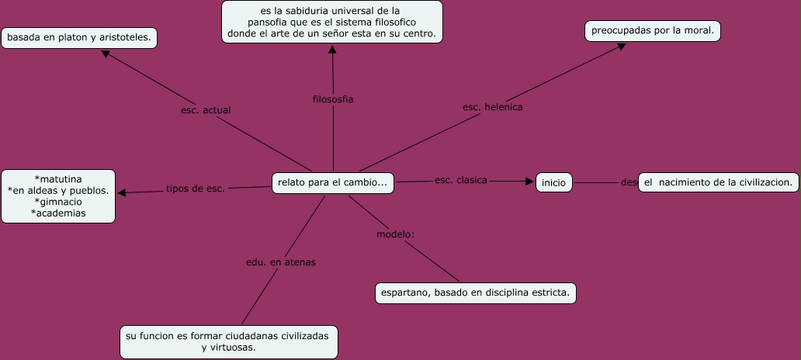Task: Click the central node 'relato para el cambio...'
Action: (x=333, y=183)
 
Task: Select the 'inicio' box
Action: (x=553, y=183)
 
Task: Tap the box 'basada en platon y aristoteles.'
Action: (x=79, y=37)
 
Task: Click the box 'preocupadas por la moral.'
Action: (x=653, y=31)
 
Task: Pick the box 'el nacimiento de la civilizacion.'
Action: (x=718, y=182)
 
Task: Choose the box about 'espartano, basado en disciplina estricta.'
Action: (x=475, y=293)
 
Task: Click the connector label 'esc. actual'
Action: (x=206, y=110)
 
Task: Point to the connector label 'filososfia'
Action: (x=333, y=99)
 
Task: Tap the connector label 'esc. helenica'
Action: (x=492, y=107)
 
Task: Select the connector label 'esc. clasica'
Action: (x=461, y=180)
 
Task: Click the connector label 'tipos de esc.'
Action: (x=195, y=189)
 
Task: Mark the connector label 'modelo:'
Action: (x=395, y=234)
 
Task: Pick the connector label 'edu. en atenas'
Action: (x=281, y=262)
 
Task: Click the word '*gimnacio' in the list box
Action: (x=58, y=202)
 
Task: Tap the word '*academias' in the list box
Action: (x=58, y=213)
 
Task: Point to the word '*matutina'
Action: (x=58, y=178)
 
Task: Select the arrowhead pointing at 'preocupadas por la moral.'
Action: (x=621, y=46)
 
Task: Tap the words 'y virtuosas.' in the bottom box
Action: (x=228, y=347)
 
